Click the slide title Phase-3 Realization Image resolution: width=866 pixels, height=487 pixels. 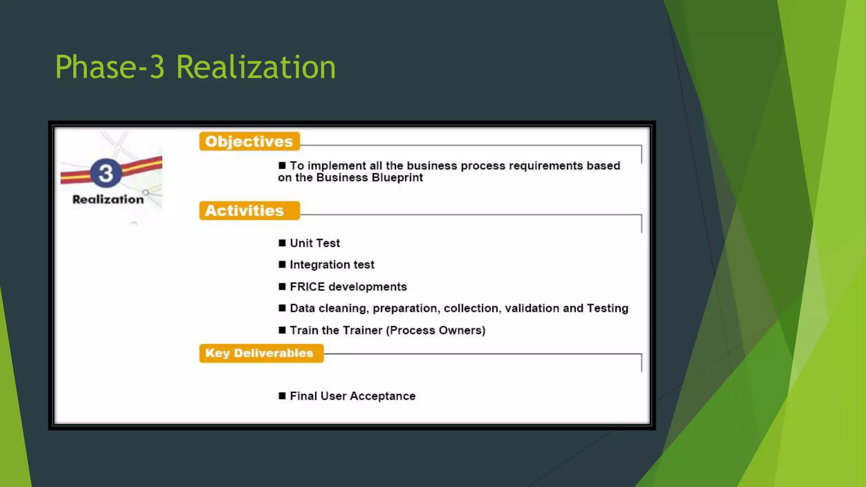pyautogui.click(x=195, y=67)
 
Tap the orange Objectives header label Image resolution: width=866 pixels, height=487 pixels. pyautogui.click(x=249, y=142)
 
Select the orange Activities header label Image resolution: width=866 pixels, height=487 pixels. pyautogui.click(x=244, y=211)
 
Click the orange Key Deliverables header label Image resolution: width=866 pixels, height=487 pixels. pyautogui.click(x=259, y=353)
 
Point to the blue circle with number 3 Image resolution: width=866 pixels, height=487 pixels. pyautogui.click(x=106, y=173)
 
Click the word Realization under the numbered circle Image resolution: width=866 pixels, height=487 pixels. pyautogui.click(x=108, y=200)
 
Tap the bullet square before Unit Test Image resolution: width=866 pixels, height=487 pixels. pyautogui.click(x=282, y=243)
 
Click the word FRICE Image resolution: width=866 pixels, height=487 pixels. pyautogui.click(x=307, y=287)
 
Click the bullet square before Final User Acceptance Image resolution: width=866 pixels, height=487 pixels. pyautogui.click(x=282, y=396)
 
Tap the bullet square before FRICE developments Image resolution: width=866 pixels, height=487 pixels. pyautogui.click(x=282, y=287)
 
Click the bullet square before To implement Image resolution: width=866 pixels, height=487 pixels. pyautogui.click(x=282, y=165)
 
